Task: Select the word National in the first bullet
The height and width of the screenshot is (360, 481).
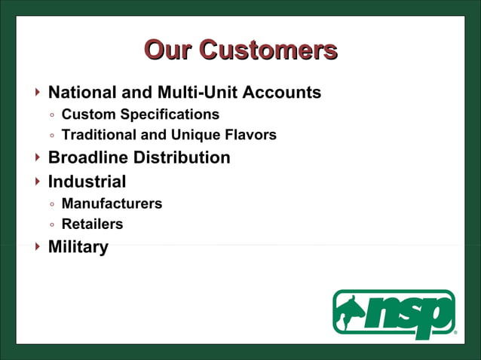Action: [x=82, y=93]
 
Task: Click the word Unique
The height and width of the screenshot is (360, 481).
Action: [x=194, y=136]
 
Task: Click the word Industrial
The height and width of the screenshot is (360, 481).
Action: [x=87, y=182]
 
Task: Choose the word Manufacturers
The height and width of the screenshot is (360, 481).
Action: [x=112, y=203]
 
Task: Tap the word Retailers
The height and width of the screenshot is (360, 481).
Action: [x=92, y=224]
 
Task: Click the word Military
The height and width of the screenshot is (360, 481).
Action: [x=78, y=247]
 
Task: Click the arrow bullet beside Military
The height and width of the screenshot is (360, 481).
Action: [x=38, y=246]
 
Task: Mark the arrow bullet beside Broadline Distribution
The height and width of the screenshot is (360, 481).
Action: [x=38, y=157]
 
